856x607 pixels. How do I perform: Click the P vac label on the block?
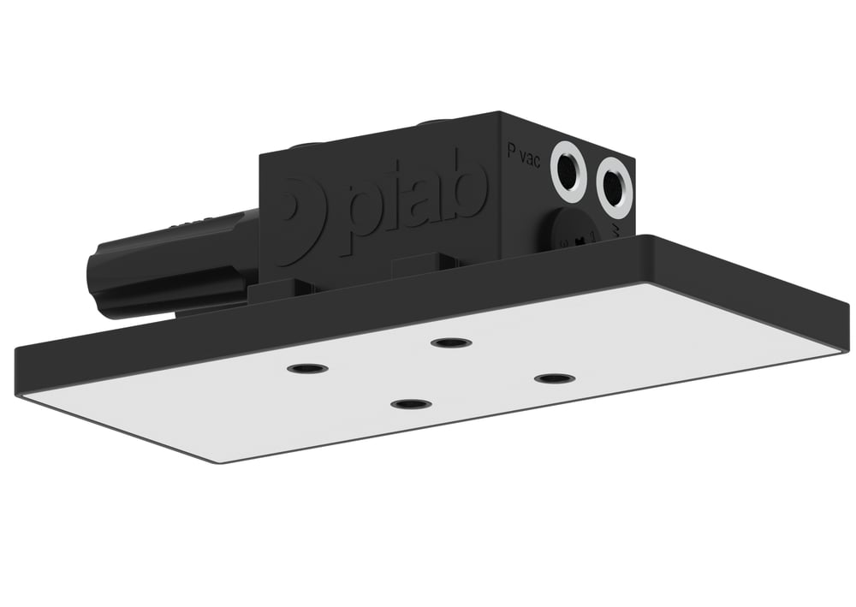point(523,154)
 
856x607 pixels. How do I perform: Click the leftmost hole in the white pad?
point(307,368)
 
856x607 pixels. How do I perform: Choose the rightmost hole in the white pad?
point(554,378)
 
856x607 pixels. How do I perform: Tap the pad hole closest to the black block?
point(451,342)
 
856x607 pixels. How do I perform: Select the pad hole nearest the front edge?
point(411,403)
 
